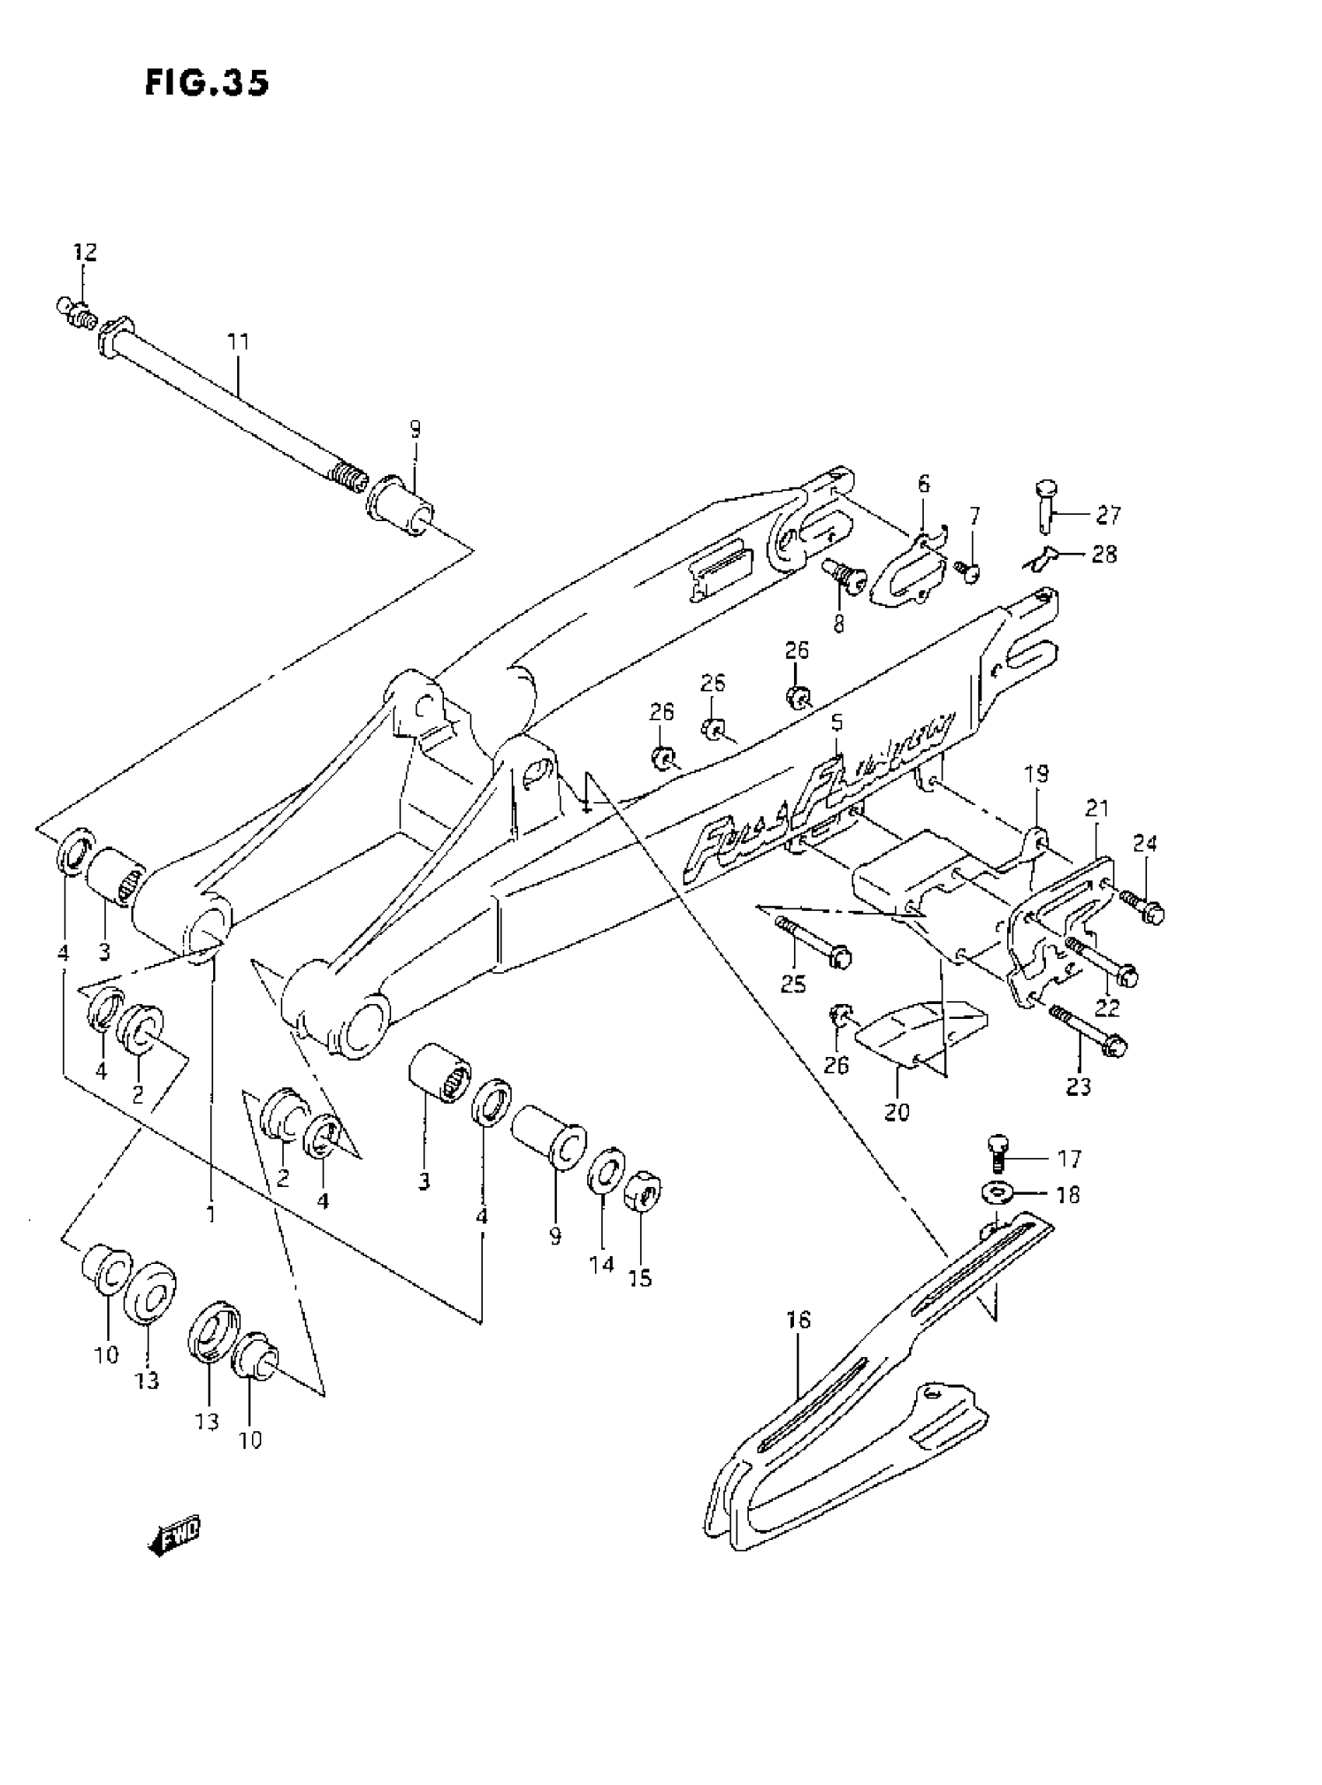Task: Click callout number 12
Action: tap(85, 252)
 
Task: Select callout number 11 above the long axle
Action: tap(238, 341)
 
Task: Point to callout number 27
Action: tap(1108, 516)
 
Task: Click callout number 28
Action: tap(1104, 554)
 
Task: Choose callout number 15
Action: tap(640, 1279)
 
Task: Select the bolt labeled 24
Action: tap(1142, 905)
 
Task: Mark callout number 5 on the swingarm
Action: tap(837, 723)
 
